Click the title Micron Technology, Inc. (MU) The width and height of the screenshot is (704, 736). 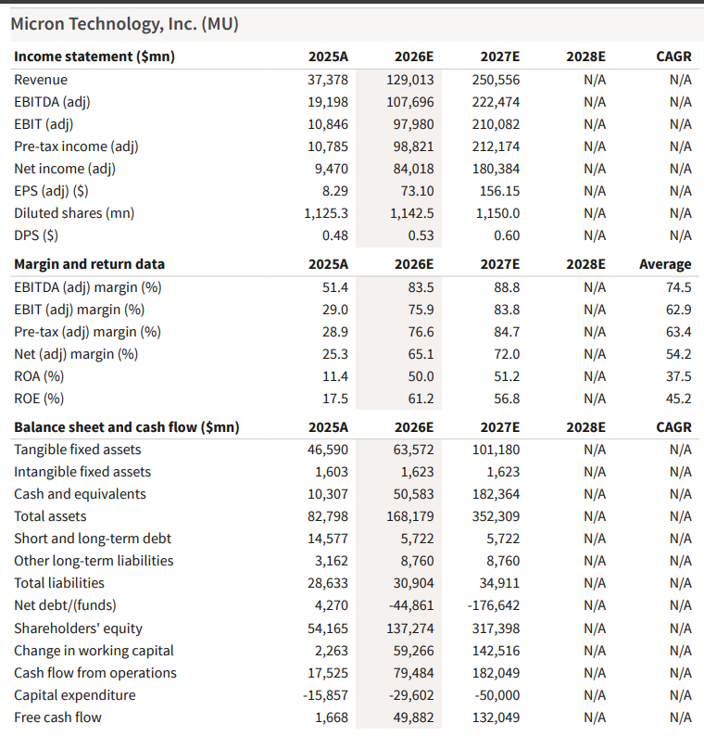pos(125,24)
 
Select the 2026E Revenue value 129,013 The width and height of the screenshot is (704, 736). pos(410,80)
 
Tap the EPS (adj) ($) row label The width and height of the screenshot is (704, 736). pos(51,191)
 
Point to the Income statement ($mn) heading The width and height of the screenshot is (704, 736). pos(94,57)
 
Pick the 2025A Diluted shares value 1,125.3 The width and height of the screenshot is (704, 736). pos(326,213)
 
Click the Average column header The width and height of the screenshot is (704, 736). pos(665,264)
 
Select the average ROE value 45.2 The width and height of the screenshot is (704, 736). pos(678,399)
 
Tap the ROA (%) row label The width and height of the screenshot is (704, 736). pos(39,376)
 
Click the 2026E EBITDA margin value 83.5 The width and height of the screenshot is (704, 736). pos(421,287)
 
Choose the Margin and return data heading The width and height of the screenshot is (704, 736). pos(89,264)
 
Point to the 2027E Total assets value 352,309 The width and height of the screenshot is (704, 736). pos(496,516)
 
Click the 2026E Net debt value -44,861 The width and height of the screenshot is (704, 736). pos(411,605)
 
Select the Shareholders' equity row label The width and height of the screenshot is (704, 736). pos(79,628)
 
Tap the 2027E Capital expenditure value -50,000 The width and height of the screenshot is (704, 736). pos(497,695)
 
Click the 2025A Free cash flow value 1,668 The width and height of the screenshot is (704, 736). pos(331,717)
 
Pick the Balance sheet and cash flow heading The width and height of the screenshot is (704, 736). pos(127,427)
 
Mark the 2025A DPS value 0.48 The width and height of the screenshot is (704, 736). pos(335,235)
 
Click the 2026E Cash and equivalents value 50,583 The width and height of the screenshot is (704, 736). pos(413,494)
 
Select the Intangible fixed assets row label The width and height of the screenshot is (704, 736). pos(82,472)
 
